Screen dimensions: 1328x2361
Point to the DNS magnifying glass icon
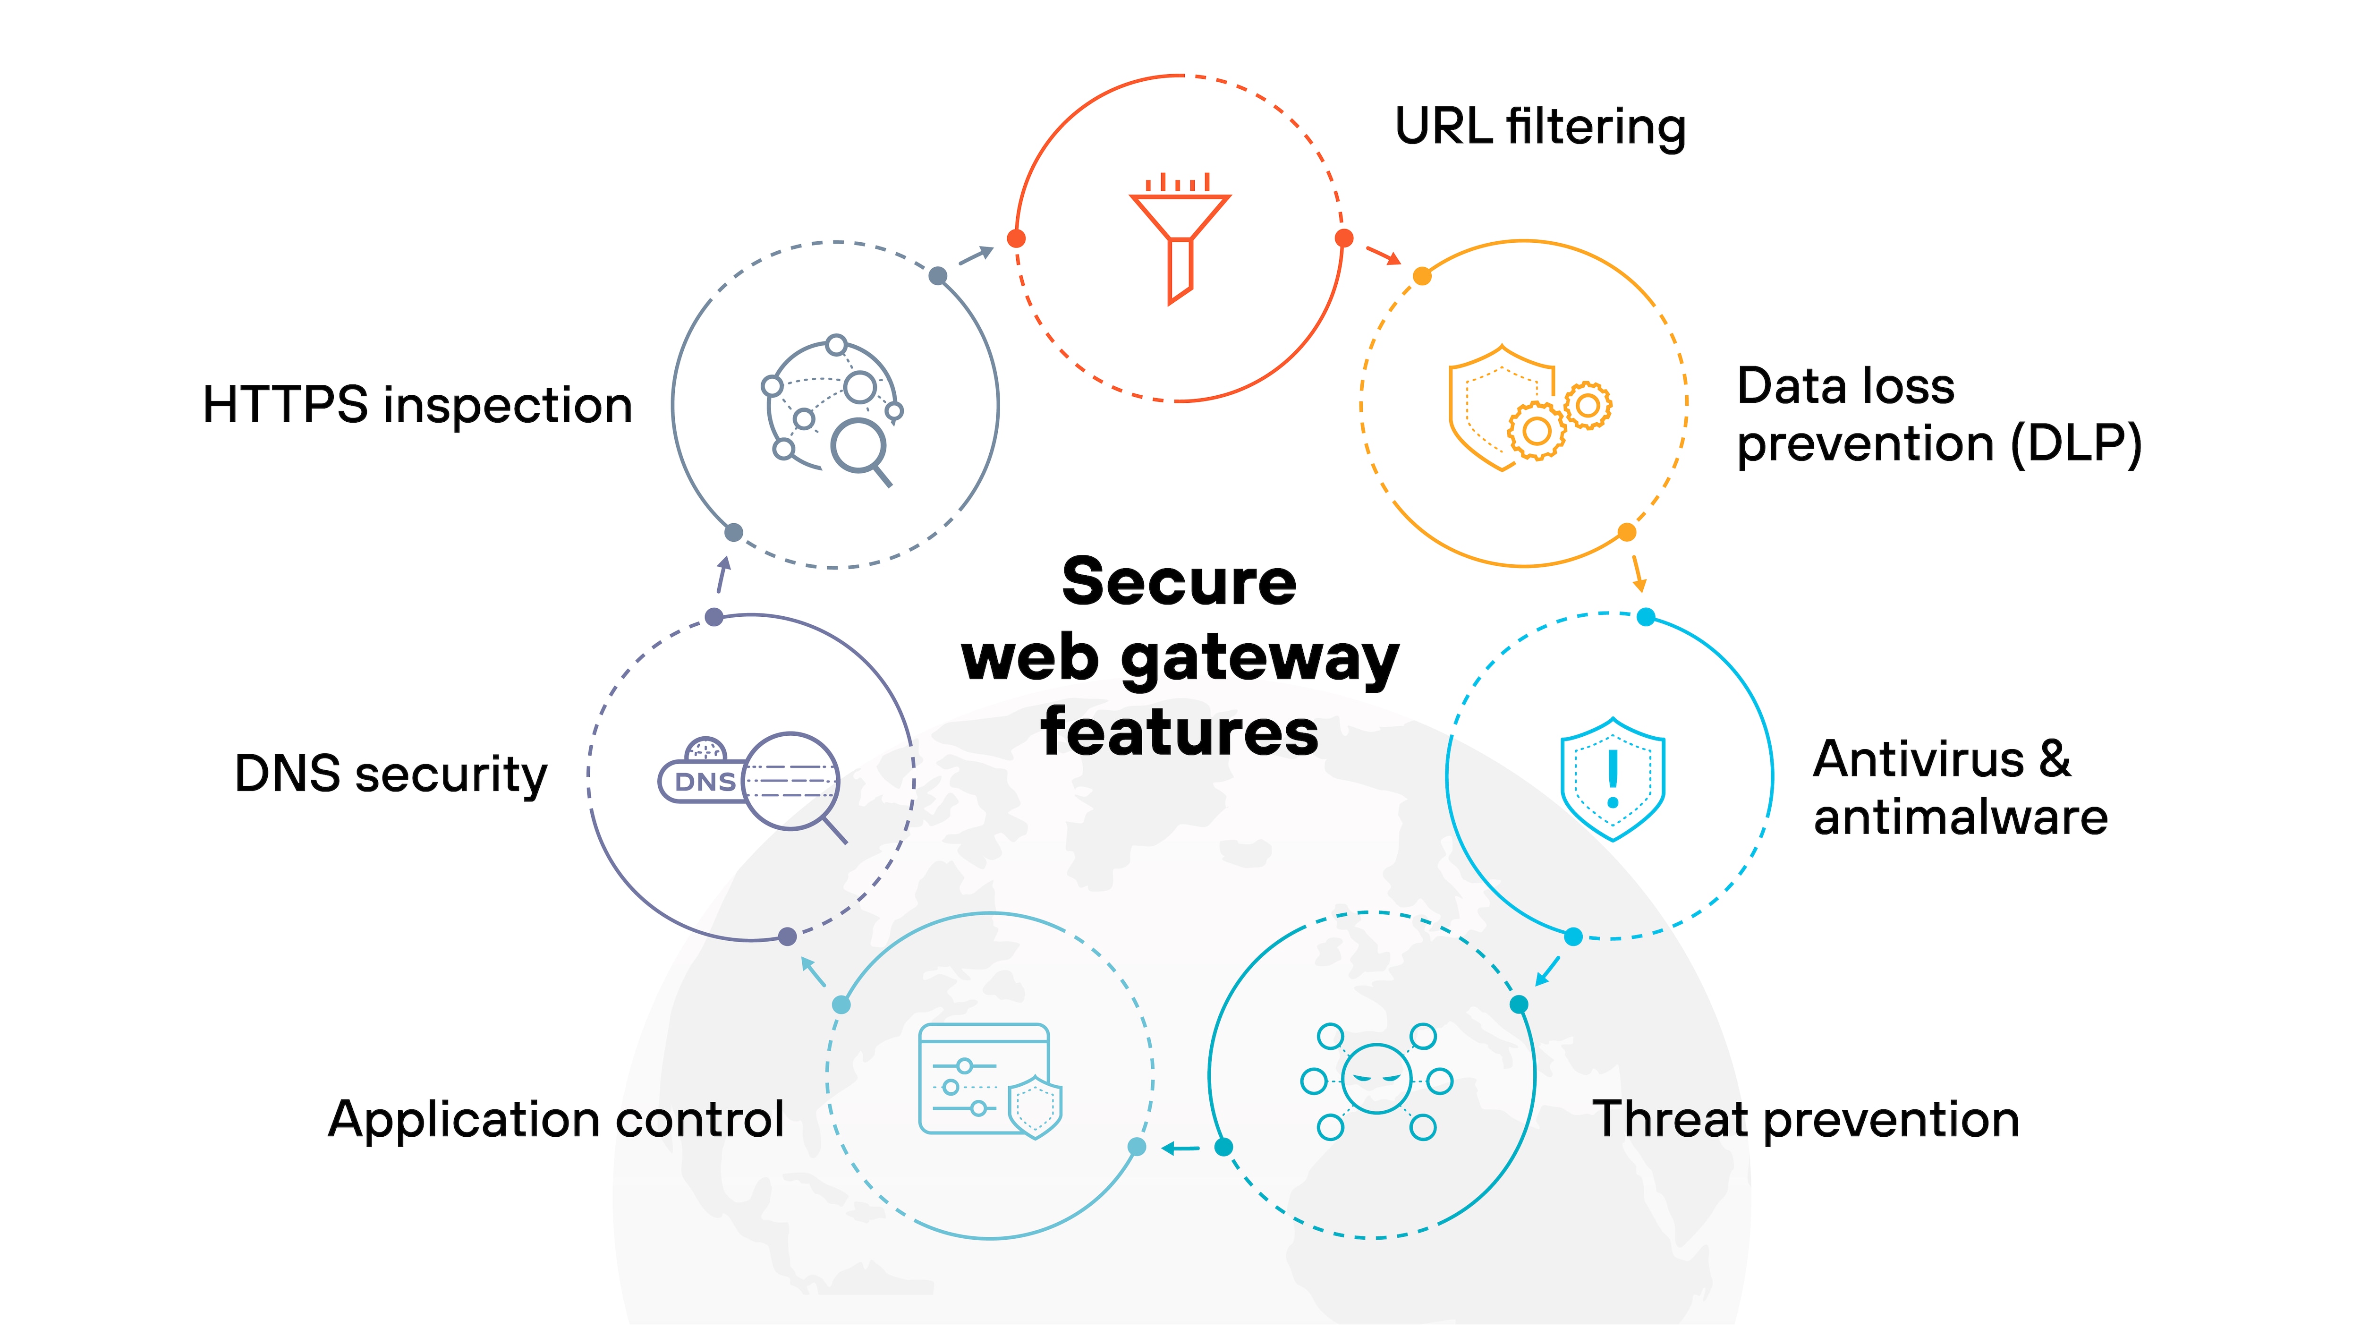752,783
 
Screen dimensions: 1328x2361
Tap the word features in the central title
1180,733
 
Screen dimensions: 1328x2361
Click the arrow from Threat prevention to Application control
1180,1148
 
